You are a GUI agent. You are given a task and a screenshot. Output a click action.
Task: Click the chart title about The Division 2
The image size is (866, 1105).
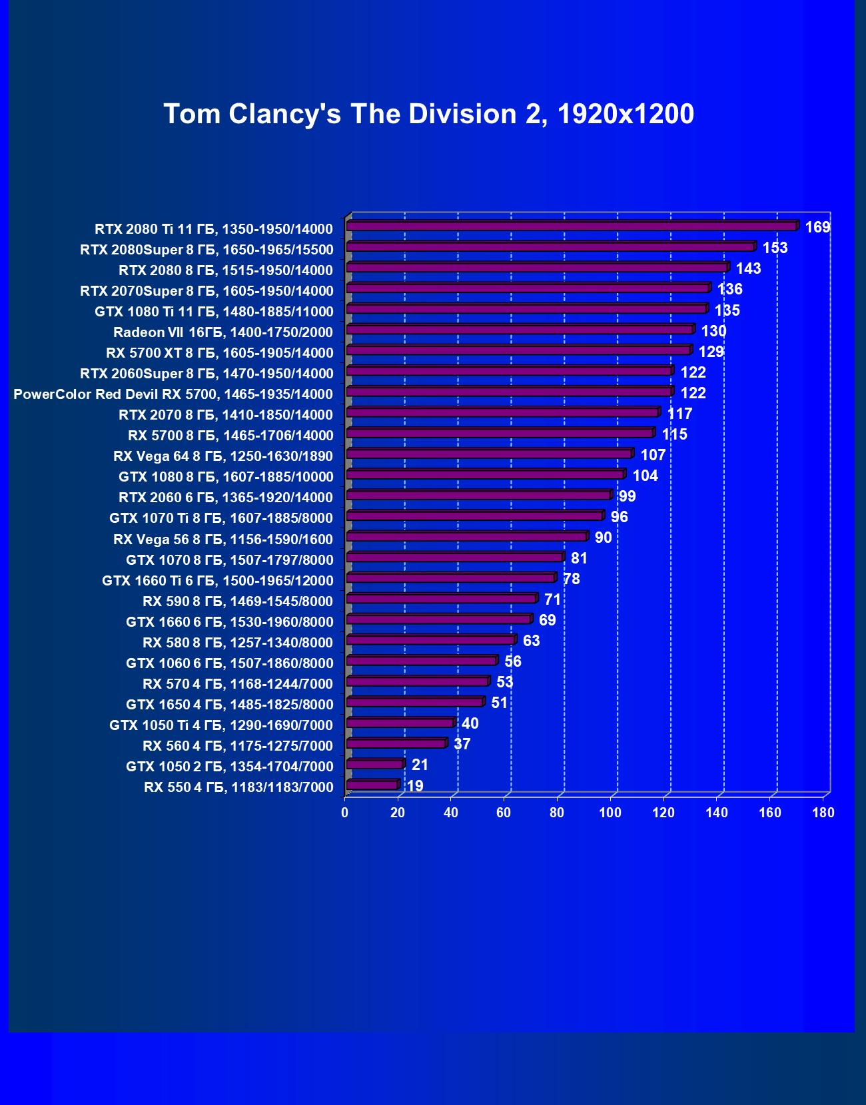[428, 114]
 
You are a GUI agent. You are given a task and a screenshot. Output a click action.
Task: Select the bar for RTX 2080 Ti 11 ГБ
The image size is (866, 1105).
[572, 226]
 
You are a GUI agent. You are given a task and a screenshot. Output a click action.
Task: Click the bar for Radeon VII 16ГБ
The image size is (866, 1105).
[520, 330]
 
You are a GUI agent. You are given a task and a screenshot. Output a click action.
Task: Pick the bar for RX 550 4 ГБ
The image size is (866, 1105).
[372, 785]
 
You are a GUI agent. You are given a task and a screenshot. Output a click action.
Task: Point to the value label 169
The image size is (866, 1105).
[817, 227]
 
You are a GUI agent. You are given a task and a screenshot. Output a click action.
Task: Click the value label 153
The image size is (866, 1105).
[775, 248]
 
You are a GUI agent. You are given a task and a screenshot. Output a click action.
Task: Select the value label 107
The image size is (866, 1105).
[653, 455]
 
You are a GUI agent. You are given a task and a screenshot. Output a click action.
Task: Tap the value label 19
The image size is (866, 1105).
[415, 786]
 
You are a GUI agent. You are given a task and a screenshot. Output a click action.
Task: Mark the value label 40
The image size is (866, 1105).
[470, 723]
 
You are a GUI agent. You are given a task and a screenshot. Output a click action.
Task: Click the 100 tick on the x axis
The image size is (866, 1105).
[610, 813]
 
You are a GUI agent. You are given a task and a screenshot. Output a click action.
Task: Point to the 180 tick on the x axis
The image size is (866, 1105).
[823, 813]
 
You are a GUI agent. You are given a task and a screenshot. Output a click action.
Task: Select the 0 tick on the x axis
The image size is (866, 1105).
[344, 813]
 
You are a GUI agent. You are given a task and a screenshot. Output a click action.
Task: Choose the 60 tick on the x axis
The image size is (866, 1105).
[504, 813]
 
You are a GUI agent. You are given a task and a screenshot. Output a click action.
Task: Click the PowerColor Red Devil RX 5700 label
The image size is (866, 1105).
[173, 394]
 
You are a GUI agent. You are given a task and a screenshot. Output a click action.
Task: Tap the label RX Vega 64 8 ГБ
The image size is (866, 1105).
[223, 456]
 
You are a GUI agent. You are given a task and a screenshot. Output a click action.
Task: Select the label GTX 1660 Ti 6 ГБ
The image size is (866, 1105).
[217, 581]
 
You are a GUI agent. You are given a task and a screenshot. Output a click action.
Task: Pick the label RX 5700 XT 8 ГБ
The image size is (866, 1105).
[219, 353]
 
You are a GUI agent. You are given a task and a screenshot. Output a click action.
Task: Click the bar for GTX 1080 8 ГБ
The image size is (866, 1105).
[485, 474]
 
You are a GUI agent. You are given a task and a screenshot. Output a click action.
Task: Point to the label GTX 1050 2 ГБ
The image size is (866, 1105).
[229, 767]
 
